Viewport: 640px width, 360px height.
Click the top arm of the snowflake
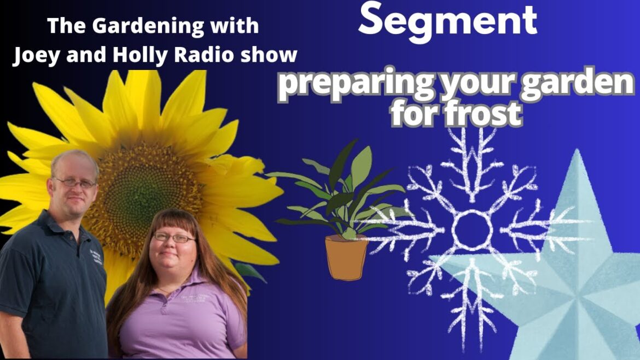(x=469, y=159)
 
